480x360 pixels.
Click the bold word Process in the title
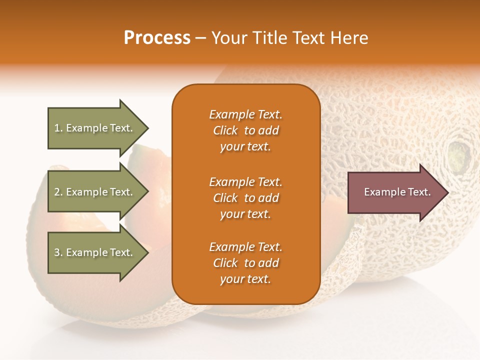[x=157, y=38]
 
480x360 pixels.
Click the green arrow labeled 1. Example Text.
[x=95, y=128]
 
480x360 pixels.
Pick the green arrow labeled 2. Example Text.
[x=95, y=192]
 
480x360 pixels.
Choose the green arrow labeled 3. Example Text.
[x=95, y=252]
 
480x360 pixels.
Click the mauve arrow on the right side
[x=395, y=192]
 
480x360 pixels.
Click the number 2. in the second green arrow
[x=58, y=192]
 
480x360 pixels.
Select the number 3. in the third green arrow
[x=58, y=252]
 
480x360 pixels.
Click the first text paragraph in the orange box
[x=245, y=130]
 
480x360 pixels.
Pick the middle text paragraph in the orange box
[x=245, y=198]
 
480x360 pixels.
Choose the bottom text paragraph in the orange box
[x=245, y=263]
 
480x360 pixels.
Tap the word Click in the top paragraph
[x=225, y=130]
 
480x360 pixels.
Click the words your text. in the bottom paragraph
[x=245, y=279]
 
